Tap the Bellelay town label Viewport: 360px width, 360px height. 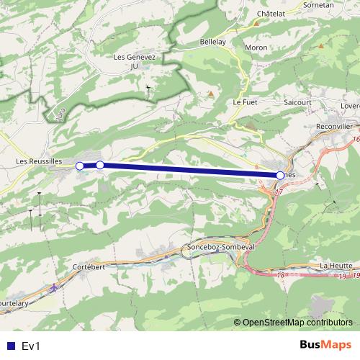[x=212, y=42]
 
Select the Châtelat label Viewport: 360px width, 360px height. [x=272, y=14]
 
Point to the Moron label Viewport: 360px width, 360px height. [x=256, y=48]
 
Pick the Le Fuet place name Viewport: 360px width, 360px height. [x=246, y=103]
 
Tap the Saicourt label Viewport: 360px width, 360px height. [x=297, y=103]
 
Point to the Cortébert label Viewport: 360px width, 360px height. [x=89, y=266]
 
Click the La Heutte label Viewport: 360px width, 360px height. [x=336, y=265]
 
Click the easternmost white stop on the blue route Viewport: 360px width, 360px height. [x=280, y=175]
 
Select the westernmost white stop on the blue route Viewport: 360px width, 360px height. [x=79, y=166]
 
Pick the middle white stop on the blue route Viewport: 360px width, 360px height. [x=100, y=166]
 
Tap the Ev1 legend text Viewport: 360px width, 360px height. [x=32, y=346]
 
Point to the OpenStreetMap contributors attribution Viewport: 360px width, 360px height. [x=297, y=322]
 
